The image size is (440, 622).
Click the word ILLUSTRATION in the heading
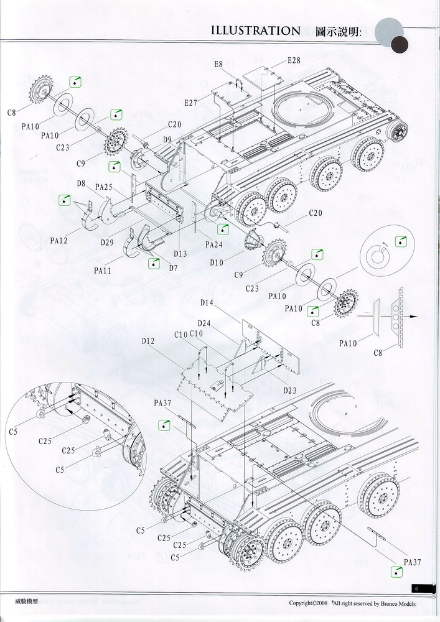[255, 30]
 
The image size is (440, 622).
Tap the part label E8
[218, 65]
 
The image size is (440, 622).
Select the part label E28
[294, 60]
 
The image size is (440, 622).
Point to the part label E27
[190, 103]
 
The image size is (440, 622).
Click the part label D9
[167, 139]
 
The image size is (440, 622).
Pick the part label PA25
[104, 187]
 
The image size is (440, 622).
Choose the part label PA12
[59, 240]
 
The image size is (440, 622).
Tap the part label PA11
[103, 271]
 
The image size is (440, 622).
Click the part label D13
[180, 253]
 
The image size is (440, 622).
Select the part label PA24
[213, 244]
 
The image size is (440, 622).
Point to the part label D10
[217, 264]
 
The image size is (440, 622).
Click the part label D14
[207, 303]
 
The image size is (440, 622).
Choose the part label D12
[147, 341]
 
